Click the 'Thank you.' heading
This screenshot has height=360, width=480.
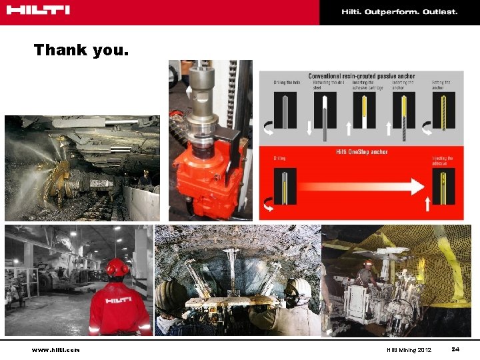point(81,50)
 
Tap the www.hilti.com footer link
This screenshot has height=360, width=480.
point(55,350)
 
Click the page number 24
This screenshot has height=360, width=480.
point(455,349)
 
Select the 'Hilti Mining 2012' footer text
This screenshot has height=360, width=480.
point(409,350)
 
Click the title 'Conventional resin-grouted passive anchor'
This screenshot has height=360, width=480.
point(361,76)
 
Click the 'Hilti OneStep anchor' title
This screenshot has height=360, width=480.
point(362,152)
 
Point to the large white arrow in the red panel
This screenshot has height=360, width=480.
point(360,185)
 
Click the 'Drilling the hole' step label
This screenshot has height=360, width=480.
point(287,83)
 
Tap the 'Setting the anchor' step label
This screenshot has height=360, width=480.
point(441,85)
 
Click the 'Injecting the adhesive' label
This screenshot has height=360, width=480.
point(442,161)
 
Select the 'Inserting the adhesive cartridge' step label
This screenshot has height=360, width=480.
point(365,85)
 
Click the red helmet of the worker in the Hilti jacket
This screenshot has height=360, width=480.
point(117,267)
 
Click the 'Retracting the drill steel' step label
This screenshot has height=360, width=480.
point(326,85)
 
